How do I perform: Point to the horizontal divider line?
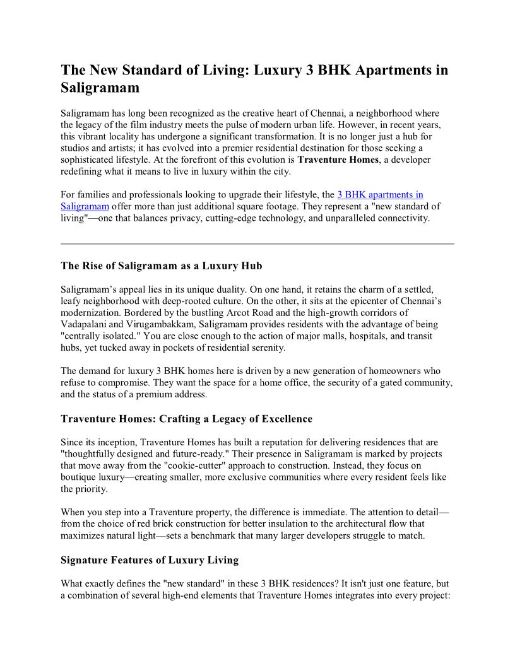tap(257, 243)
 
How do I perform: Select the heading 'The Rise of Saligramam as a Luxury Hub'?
tap(162, 266)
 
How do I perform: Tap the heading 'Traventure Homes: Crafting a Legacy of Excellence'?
tap(186, 419)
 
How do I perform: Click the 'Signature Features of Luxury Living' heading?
tap(150, 560)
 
